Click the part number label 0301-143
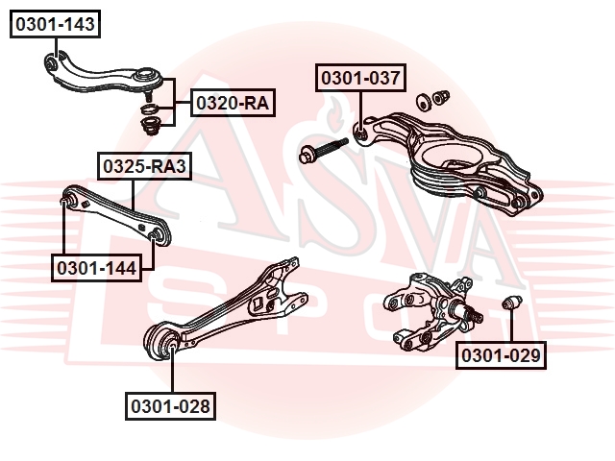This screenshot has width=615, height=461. [x=55, y=25]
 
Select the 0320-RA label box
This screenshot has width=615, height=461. [x=233, y=103]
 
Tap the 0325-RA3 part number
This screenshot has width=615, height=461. [x=143, y=167]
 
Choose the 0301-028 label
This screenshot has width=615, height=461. [x=169, y=406]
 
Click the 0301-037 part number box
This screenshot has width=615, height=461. [x=362, y=78]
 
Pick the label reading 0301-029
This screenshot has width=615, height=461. [x=502, y=356]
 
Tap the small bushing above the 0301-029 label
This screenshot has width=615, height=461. [x=512, y=305]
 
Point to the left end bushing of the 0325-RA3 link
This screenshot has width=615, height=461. [x=67, y=201]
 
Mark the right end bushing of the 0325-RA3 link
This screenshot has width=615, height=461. [x=158, y=234]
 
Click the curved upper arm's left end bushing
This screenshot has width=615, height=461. [x=53, y=63]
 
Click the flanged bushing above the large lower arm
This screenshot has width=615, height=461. [x=443, y=97]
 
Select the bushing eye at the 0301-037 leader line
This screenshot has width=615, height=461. [x=360, y=131]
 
